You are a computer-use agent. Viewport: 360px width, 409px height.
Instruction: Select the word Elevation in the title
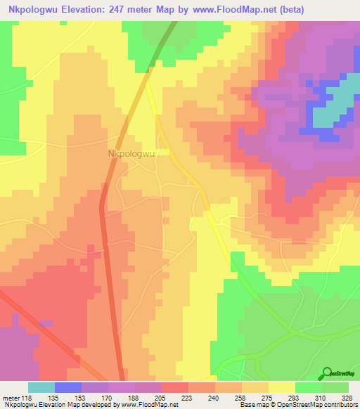point(85,10)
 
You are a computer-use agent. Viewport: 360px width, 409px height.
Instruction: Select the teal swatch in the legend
point(41,387)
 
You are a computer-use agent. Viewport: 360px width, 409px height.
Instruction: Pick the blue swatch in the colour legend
point(68,387)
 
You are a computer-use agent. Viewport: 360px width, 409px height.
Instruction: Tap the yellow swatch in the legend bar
point(282,387)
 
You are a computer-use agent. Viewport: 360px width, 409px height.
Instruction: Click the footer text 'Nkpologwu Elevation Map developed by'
point(60,405)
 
